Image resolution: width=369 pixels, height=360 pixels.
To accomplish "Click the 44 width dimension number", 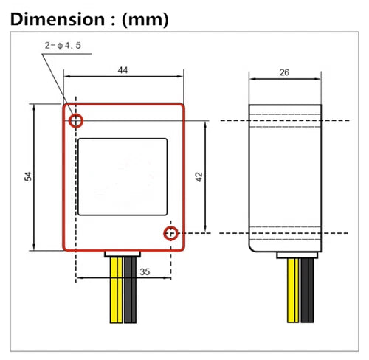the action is (x=123, y=70).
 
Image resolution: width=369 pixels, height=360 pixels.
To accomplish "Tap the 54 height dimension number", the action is (x=28, y=176).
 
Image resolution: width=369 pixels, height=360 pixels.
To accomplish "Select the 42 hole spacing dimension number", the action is (x=199, y=177).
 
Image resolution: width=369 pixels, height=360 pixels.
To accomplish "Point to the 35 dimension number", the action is (x=145, y=271).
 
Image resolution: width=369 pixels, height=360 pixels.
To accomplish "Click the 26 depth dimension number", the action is (x=284, y=72).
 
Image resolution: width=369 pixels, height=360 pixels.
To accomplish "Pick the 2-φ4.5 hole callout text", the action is (x=63, y=46).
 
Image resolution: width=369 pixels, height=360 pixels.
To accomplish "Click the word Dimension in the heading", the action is (x=58, y=19).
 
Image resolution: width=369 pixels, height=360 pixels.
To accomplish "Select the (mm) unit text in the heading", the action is (x=145, y=20).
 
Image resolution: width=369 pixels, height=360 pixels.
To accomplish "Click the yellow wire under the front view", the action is (x=117, y=290).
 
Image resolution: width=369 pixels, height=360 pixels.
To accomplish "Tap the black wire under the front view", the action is (x=130, y=290).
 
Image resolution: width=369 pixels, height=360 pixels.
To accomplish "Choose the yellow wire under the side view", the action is (x=293, y=291).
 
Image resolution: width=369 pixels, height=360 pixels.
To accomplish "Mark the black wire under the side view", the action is (x=307, y=291).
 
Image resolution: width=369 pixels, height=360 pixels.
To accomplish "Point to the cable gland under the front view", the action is (x=123, y=254).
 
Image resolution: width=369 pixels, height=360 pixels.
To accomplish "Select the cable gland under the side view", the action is (x=297, y=255).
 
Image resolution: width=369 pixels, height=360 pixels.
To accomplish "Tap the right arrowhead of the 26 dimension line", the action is (x=318, y=79).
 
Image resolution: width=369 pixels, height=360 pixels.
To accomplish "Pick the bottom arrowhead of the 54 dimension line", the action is (x=34, y=247).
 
